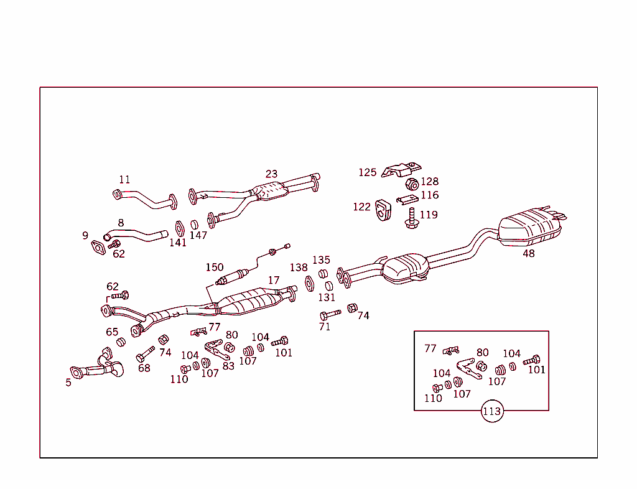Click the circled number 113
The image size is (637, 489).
(491, 411)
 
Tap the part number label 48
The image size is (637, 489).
(528, 253)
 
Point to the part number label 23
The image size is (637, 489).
(271, 174)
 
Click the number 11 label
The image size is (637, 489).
(124, 180)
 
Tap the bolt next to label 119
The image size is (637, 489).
(411, 218)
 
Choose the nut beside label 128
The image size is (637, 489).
(411, 184)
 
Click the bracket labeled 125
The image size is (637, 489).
(401, 169)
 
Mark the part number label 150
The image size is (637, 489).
(215, 268)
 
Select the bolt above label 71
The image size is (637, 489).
(330, 314)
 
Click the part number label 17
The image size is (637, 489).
(274, 281)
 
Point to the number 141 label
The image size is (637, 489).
(178, 243)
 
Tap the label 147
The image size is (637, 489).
(198, 235)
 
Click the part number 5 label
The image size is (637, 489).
(68, 383)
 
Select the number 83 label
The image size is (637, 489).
(228, 366)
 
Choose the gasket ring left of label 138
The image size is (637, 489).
(309, 284)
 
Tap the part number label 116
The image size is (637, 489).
(429, 195)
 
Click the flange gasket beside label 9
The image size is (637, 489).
(98, 248)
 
